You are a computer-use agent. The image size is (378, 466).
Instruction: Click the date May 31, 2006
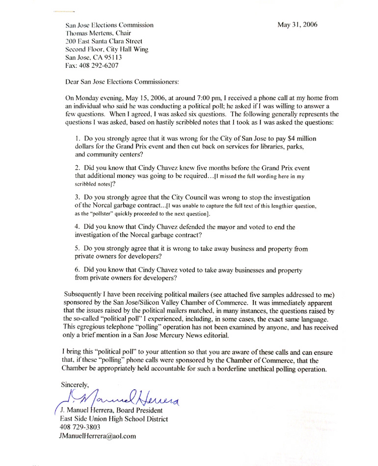click(297, 25)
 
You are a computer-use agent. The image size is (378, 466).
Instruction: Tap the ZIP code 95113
click(112, 57)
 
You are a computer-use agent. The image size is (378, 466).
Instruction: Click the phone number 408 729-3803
click(79, 427)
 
